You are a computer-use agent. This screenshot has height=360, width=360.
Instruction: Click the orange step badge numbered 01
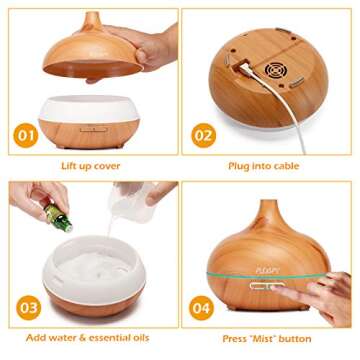tap(26, 135)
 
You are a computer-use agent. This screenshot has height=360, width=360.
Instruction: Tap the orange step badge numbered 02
tap(203, 135)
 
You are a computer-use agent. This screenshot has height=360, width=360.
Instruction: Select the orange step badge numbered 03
tap(28, 307)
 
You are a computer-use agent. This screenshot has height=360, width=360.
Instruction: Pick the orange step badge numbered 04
tap(201, 308)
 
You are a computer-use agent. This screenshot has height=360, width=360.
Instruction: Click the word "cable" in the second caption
tap(286, 166)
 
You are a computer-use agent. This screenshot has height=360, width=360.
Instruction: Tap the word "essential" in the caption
tap(108, 337)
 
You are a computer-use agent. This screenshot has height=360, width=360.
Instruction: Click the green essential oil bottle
tap(58, 217)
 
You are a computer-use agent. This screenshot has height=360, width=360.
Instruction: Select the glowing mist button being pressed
tap(266, 286)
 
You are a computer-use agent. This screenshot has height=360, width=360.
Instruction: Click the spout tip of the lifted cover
tap(93, 14)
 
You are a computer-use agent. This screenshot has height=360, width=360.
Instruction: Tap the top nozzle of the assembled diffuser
tap(269, 202)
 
